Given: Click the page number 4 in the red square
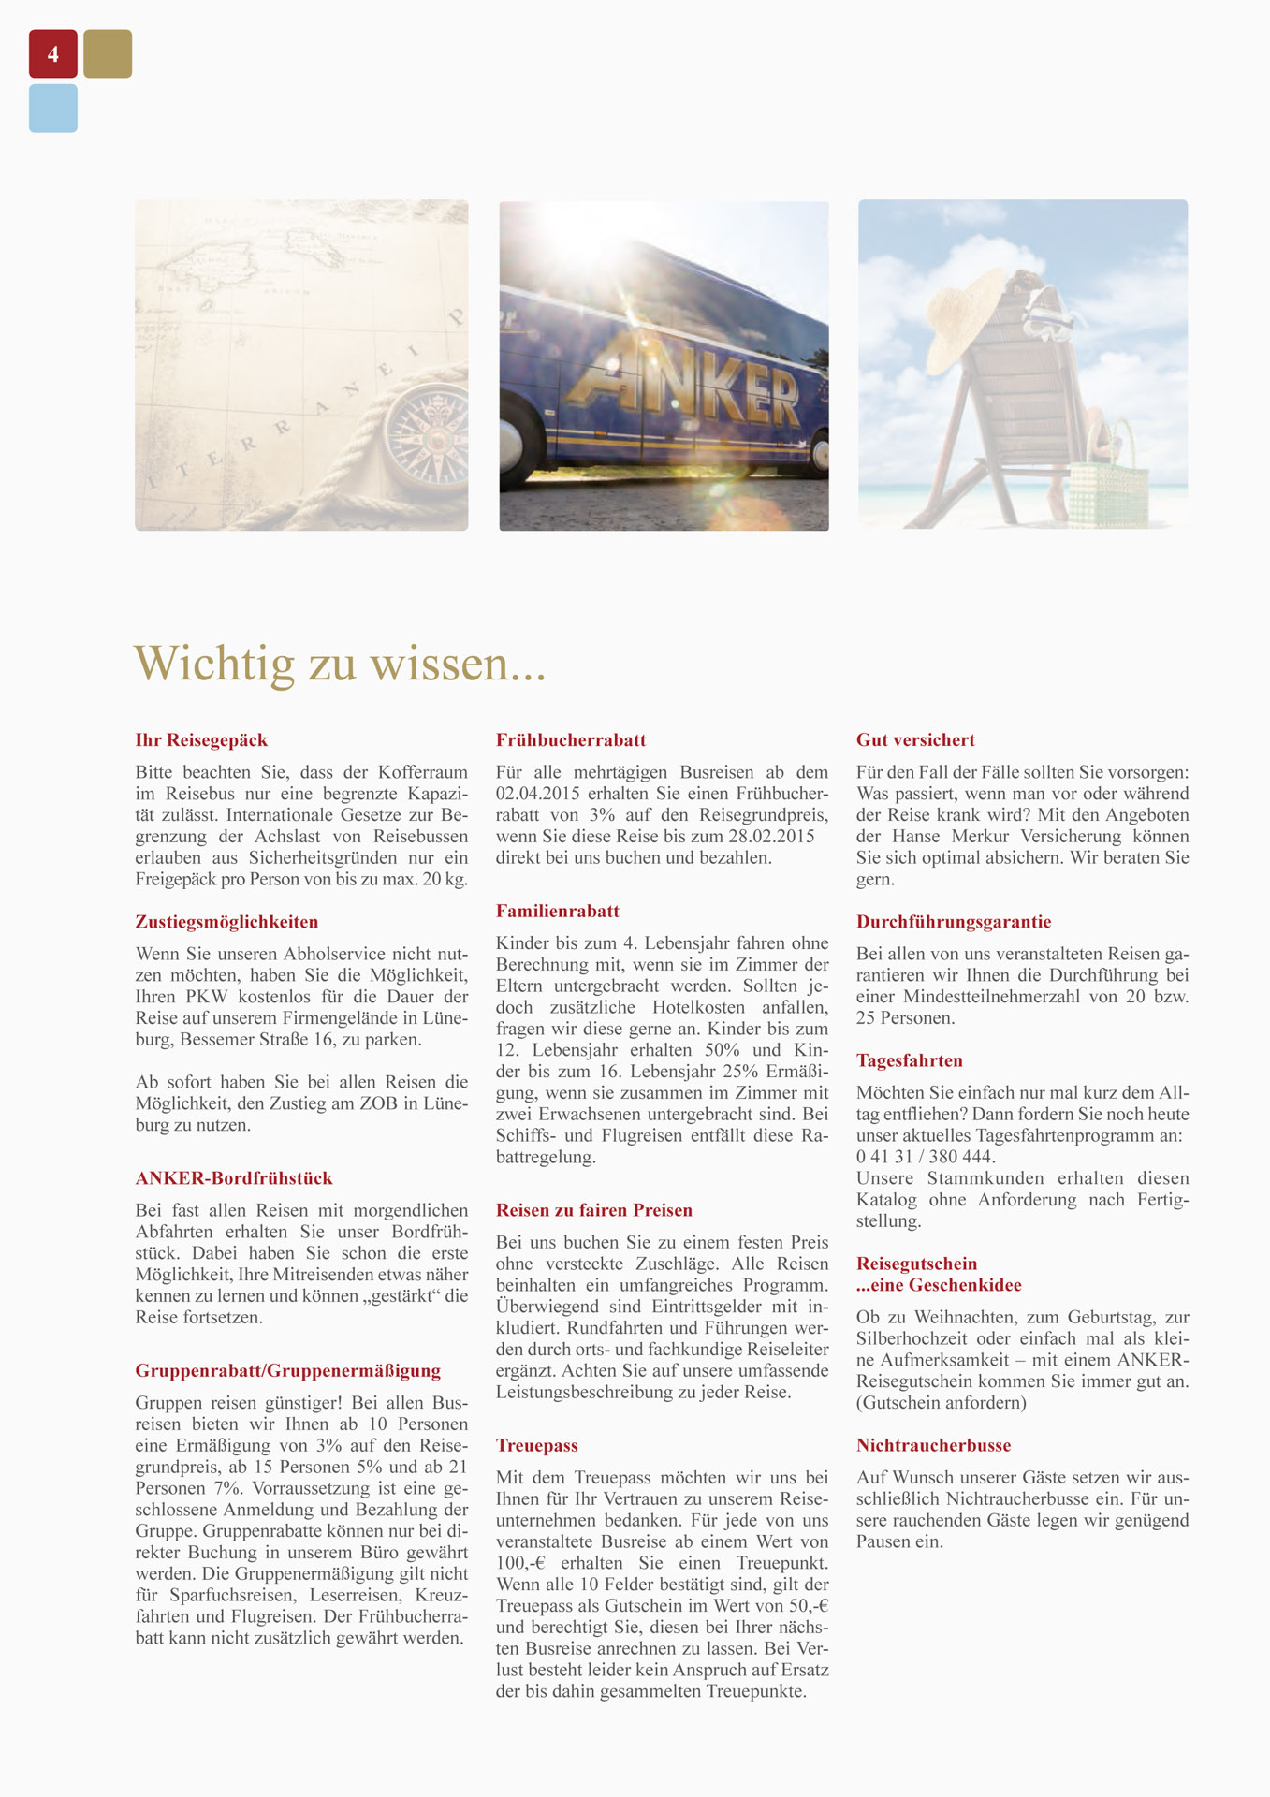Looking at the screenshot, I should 53,54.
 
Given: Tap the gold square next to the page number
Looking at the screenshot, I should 108,54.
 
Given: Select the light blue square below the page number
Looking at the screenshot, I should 53,109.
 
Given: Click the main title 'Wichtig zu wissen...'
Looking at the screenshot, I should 340,663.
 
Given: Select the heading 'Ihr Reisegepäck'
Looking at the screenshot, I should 201,740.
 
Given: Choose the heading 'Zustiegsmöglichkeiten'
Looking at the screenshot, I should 226,922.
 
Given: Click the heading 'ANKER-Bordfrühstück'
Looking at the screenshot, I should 234,1178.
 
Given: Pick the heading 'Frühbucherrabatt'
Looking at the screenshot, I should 571,740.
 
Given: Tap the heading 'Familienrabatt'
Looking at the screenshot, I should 558,912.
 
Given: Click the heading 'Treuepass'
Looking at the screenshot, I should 537,1446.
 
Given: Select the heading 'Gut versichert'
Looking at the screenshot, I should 915,740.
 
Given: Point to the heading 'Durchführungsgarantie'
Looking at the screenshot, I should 954,922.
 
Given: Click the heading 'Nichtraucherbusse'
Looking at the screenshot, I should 933,1446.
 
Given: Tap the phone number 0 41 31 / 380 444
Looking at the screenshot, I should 926,1157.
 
